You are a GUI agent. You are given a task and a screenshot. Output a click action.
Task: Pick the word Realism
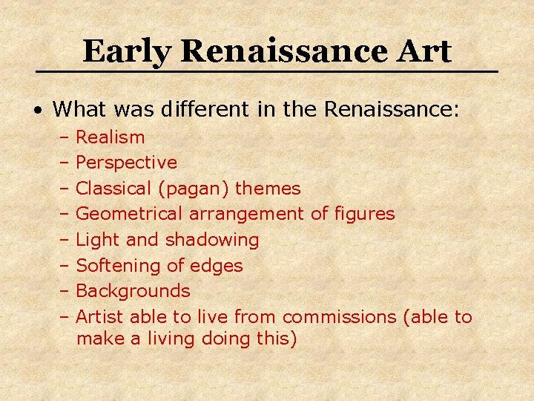(x=111, y=137)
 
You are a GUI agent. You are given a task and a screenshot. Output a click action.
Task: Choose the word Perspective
(x=127, y=163)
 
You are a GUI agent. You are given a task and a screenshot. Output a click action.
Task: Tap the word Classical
(x=113, y=189)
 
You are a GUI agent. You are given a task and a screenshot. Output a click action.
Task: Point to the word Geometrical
(x=130, y=215)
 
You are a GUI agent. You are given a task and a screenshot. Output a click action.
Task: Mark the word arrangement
(x=247, y=215)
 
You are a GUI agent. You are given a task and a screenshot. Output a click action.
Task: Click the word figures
(x=363, y=214)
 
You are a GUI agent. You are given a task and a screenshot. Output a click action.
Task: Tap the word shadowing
(x=212, y=240)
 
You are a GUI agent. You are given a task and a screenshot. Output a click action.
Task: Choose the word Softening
(x=116, y=266)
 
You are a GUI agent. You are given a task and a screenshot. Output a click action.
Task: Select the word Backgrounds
(x=133, y=291)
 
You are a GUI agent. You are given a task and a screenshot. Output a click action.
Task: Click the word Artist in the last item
(x=100, y=317)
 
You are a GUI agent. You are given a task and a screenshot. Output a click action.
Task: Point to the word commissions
(x=340, y=317)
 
